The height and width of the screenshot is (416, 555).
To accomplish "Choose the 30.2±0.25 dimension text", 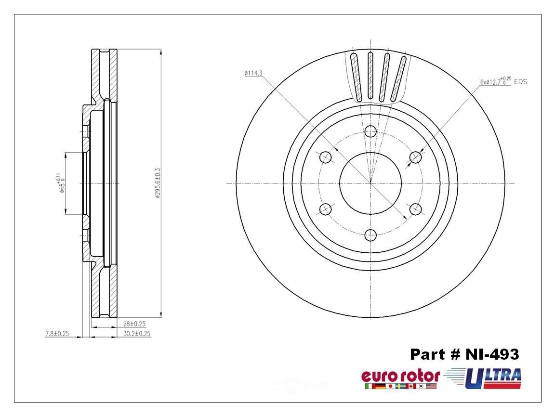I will [136, 333].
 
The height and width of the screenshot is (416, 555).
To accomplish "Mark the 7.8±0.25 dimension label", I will [57, 333].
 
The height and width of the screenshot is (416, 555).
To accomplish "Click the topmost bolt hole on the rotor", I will [370, 131].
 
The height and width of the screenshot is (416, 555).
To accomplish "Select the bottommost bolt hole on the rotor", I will [370, 235].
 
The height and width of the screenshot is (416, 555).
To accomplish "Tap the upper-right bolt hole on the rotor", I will [415, 157].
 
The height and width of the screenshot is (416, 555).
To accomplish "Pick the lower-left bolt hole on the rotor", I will [325, 209].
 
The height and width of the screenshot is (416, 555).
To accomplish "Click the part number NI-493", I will [464, 354].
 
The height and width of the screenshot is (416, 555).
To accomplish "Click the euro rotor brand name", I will [400, 376].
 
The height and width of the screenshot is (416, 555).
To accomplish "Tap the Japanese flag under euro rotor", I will [390, 386].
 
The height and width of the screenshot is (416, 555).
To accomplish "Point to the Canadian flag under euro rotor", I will [411, 386].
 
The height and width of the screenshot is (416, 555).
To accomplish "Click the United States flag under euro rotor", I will [432, 386].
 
